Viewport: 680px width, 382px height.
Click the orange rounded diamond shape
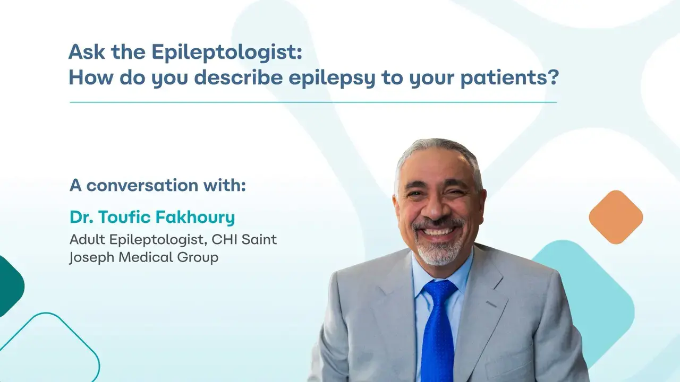click(616, 217)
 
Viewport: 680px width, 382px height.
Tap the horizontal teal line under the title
click(313, 102)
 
